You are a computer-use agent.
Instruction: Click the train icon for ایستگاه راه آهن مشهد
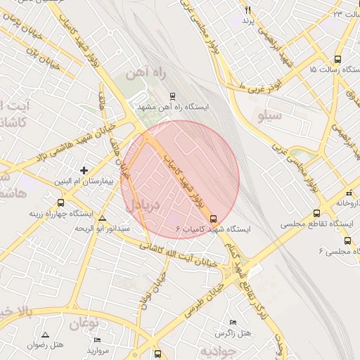[x=173, y=96]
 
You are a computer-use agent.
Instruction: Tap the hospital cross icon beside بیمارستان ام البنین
[x=84, y=170]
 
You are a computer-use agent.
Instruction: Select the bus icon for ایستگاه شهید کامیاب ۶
[x=214, y=218]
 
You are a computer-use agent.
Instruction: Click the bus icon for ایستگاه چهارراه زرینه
[x=60, y=202]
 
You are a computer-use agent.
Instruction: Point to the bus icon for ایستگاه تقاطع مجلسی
[x=316, y=213]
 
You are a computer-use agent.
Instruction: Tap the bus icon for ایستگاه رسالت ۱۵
[x=337, y=60]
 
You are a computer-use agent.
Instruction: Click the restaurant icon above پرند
[x=247, y=10]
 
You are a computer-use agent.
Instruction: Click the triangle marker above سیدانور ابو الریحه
[x=103, y=218]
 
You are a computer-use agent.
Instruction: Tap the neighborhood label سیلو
[x=270, y=114]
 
